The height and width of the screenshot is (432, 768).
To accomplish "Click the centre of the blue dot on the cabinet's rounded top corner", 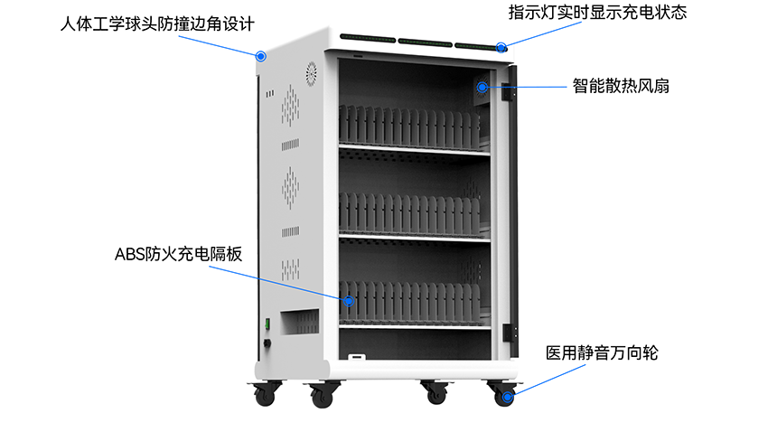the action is point(261,56).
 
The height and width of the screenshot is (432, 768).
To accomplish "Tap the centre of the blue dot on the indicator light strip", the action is point(501,48).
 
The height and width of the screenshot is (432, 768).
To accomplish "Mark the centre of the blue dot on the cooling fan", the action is point(482,87).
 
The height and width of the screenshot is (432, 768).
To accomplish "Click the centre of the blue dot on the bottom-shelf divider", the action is point(348,301).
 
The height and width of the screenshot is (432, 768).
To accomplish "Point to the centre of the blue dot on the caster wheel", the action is point(508,397).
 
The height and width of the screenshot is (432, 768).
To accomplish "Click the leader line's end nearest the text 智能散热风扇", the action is point(567,87).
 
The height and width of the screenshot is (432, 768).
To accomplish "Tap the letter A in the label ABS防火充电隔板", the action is point(120,254).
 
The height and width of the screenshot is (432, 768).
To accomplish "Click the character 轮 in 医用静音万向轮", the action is point(651,352).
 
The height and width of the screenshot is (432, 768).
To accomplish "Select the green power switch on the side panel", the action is point(267,324).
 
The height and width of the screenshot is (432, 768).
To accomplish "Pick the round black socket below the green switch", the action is point(267,343).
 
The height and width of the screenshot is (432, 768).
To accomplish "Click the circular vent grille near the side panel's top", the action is point(311,74).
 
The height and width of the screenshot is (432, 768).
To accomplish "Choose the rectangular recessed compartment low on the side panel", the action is point(300,322).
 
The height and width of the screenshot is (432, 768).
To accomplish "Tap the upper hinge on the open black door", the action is point(507,91).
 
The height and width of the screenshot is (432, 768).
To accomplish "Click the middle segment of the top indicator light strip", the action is point(426,42).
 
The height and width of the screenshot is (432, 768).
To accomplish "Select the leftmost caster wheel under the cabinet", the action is point(265,395).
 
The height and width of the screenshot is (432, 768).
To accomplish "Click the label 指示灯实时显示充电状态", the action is point(597,13).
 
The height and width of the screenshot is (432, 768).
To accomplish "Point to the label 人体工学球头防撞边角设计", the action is point(157,24).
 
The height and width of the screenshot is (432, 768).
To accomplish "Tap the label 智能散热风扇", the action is point(621,86).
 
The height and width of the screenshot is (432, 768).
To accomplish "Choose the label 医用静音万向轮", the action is point(602,352).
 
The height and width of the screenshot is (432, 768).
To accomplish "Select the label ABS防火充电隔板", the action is point(178,254).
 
